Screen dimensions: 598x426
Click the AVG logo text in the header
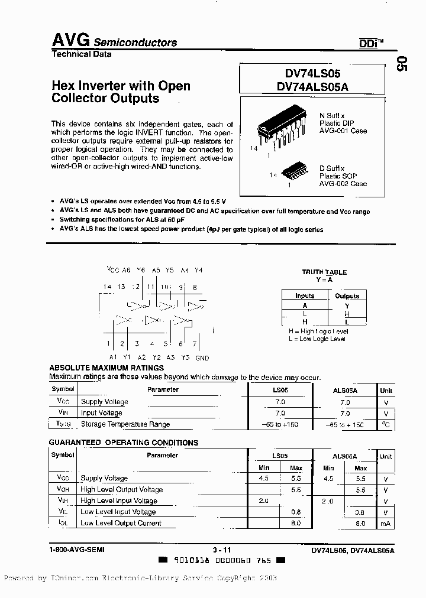tap(70, 40)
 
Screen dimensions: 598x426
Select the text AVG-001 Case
tap(343, 131)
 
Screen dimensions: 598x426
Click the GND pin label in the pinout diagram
tap(202, 357)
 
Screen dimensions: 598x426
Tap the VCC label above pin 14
tap(113, 269)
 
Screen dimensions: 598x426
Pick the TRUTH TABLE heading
tap(324, 272)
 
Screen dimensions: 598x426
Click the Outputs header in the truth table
tap(347, 296)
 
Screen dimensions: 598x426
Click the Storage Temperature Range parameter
tap(125, 424)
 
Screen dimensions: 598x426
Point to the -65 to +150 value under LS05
tap(280, 424)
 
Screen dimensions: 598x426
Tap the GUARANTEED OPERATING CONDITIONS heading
tap(123, 443)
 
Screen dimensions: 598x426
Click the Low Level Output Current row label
tap(121, 523)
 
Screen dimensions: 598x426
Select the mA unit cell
tap(386, 523)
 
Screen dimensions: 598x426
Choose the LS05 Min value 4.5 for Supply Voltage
tap(263, 478)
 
